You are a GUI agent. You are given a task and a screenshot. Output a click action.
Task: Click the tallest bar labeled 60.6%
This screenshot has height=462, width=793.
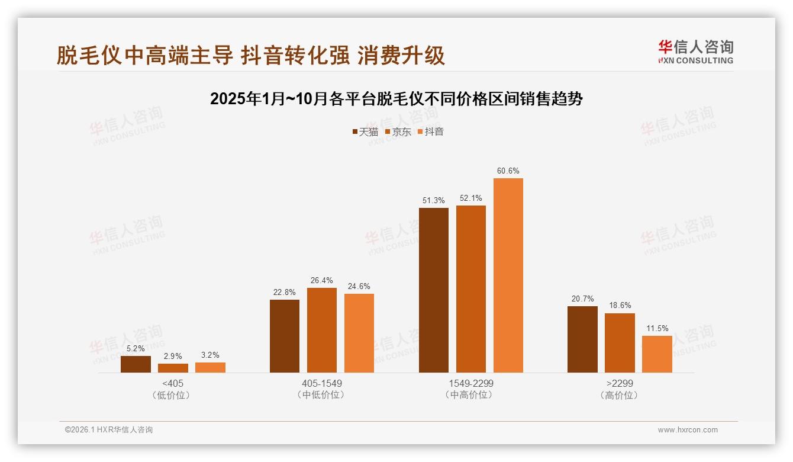tap(508, 275)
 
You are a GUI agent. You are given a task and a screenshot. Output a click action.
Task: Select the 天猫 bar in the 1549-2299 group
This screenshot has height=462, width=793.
tap(433, 290)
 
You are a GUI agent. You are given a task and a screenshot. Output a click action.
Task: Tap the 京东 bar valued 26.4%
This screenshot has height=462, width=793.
tap(321, 330)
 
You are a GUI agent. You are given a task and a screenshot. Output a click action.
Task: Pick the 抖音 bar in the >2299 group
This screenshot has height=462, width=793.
tap(657, 354)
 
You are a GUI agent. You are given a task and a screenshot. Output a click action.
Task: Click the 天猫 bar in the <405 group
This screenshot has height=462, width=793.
tap(136, 364)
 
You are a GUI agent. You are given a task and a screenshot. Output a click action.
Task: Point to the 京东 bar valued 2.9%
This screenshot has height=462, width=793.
tap(173, 368)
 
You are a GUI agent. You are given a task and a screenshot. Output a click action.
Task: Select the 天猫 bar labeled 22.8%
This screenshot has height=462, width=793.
tap(285, 336)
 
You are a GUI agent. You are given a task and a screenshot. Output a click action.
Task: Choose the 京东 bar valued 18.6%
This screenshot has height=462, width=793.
tap(620, 343)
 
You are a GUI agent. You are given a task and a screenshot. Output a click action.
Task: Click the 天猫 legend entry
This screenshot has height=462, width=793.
tap(365, 132)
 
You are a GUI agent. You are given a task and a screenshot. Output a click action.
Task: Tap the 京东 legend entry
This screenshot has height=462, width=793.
tap(398, 132)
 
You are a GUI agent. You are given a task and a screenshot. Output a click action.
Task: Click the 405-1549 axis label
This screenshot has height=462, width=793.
tap(321, 383)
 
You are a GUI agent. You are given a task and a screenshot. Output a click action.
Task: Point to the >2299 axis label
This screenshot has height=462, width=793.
tap(620, 383)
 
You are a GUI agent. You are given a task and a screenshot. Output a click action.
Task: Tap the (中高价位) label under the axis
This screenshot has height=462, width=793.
tap(470, 394)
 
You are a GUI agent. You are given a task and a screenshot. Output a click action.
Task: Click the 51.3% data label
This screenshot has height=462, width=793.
tap(433, 201)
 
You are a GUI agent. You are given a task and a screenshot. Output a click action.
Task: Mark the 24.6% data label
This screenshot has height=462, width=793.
tap(359, 287)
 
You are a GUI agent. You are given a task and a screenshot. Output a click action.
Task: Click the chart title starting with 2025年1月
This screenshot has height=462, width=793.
tap(396, 99)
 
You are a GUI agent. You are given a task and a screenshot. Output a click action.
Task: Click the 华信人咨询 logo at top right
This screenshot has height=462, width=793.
tap(695, 52)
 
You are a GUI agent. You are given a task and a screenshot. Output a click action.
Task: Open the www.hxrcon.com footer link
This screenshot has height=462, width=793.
tap(688, 430)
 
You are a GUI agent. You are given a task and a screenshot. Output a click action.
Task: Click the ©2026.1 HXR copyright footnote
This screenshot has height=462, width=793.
tap(109, 430)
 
